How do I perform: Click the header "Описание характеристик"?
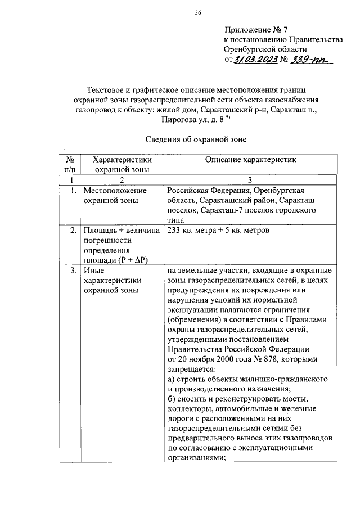(x=250, y=160)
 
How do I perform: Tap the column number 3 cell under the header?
(x=250, y=180)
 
